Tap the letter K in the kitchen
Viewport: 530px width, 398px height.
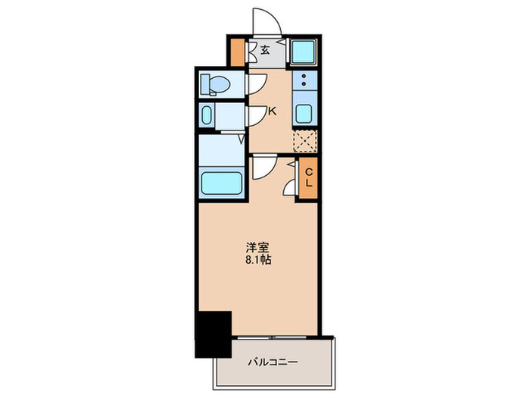coord(272,111)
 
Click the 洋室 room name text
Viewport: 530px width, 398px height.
coord(256,246)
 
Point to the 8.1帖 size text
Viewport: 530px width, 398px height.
coord(257,259)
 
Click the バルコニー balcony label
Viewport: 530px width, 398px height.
coord(273,362)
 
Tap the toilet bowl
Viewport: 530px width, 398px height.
coord(212,85)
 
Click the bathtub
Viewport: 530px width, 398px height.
coord(221,183)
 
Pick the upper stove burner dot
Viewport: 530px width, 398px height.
coord(304,78)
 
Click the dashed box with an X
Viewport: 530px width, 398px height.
coord(304,142)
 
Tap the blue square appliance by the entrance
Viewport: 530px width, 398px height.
coord(304,52)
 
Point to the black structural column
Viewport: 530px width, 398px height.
coord(213,334)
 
